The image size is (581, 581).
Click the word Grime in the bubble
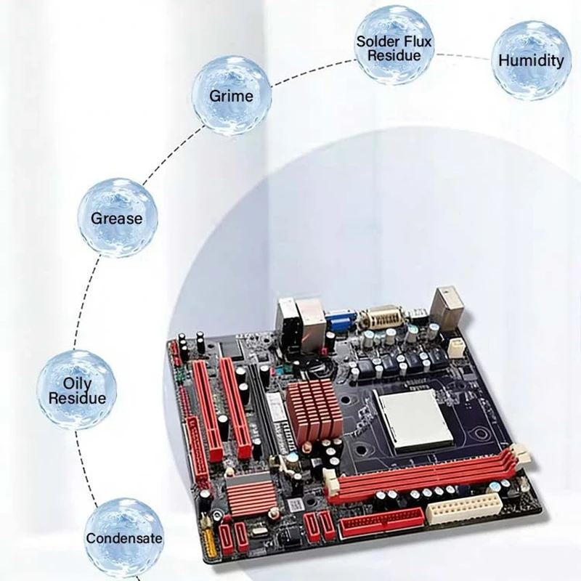click(231, 96)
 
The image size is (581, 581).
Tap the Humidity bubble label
click(531, 60)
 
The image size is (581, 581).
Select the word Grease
click(117, 219)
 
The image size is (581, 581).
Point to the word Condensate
click(124, 538)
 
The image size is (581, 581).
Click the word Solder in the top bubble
click(377, 41)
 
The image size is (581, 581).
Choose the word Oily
click(77, 384)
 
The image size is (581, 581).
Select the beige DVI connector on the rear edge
click(383, 317)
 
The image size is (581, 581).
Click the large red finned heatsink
click(314, 410)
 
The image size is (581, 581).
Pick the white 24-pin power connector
click(464, 508)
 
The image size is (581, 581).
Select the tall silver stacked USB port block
click(447, 308)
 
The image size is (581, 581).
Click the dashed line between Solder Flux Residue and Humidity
click(463, 56)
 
